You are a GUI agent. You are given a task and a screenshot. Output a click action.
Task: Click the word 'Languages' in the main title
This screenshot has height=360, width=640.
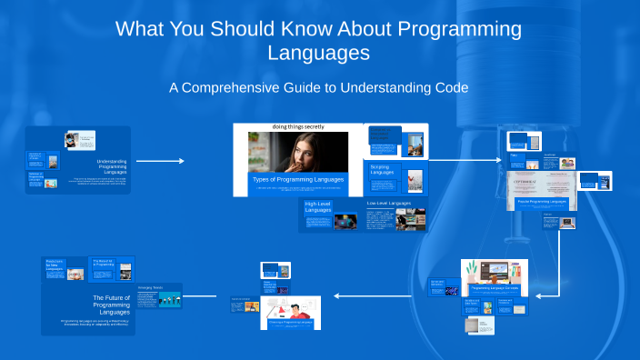coord(318,53)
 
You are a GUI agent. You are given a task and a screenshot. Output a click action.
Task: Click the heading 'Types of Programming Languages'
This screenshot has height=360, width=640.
coord(298,179)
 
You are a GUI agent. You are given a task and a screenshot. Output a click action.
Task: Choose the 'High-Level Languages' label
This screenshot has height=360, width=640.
coord(318,208)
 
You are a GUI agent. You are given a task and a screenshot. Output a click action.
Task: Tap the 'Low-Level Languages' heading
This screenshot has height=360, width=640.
coord(388,203)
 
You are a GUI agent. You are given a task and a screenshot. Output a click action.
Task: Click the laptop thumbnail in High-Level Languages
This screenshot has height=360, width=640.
coord(345,220)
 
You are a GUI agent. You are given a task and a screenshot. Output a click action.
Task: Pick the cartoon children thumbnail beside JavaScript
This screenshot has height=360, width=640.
coord(567,164)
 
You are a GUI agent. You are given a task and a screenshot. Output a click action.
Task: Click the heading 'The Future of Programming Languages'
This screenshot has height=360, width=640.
coord(111,302)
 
